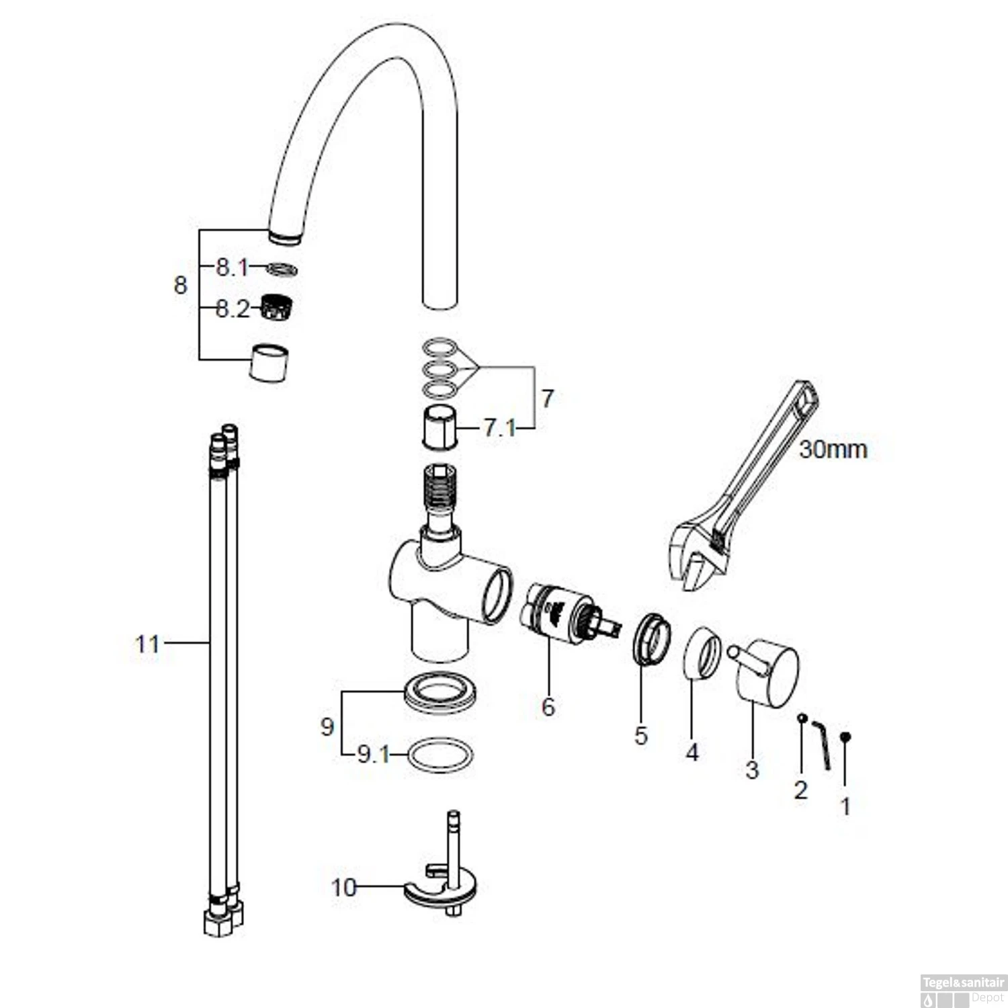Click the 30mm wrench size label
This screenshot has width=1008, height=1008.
833,449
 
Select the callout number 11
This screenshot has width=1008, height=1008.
148,644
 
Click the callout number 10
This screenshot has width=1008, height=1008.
343,888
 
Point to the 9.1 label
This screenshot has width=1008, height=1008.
374,755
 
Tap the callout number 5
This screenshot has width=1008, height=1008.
641,735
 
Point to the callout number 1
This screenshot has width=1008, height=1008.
846,806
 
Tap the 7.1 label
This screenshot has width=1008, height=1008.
501,427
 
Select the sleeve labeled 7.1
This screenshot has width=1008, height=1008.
440,428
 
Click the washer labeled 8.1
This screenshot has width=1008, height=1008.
282,269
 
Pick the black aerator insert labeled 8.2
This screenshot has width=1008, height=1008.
271,307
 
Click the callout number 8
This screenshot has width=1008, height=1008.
180,285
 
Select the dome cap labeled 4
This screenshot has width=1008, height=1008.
702,654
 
